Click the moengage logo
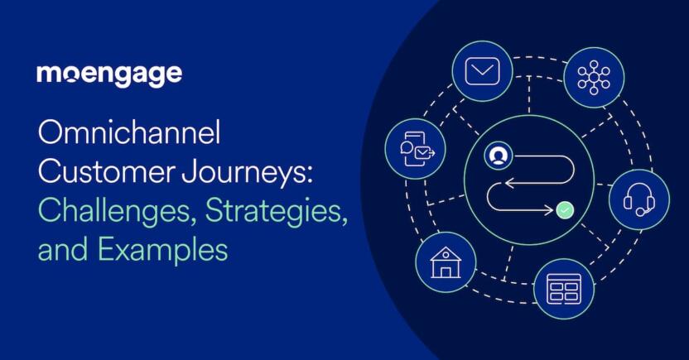click(109, 75)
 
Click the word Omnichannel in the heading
click(128, 132)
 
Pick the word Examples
click(162, 250)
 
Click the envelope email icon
click(482, 70)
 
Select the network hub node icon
click(594, 77)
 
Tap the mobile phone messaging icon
click(417, 149)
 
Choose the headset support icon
click(639, 199)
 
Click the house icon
click(446, 262)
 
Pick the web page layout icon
click(564, 289)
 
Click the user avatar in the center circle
click(498, 156)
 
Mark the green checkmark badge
click(565, 210)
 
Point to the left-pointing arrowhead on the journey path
click(510, 183)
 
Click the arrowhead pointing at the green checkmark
click(548, 210)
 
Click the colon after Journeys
click(310, 175)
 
